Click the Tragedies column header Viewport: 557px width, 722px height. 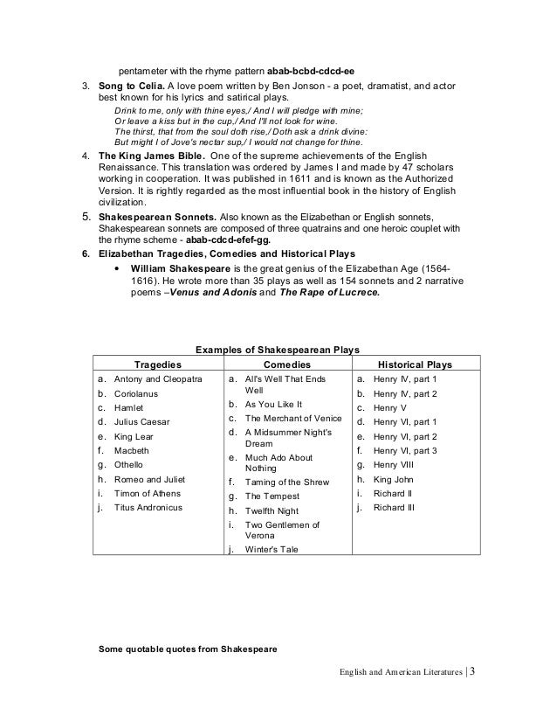point(156,364)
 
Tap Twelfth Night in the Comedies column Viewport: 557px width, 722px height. point(272,510)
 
